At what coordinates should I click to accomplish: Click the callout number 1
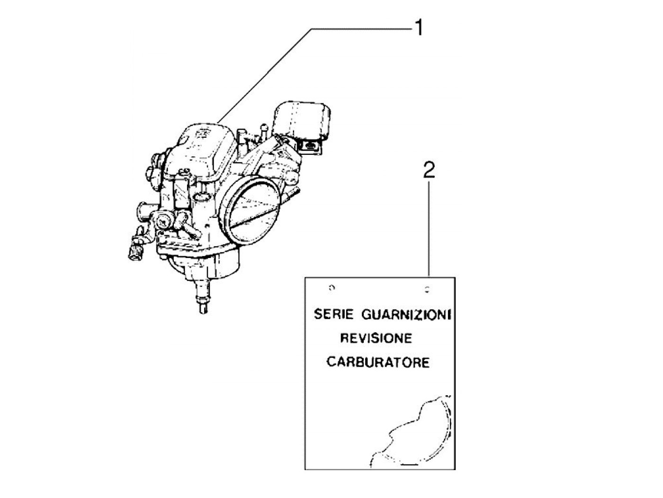[x=419, y=28]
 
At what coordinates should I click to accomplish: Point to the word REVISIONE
[x=376, y=338]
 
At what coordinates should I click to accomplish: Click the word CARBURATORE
[x=378, y=363]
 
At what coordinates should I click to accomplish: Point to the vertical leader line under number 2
[x=429, y=227]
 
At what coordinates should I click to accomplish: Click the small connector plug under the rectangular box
[x=310, y=146]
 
